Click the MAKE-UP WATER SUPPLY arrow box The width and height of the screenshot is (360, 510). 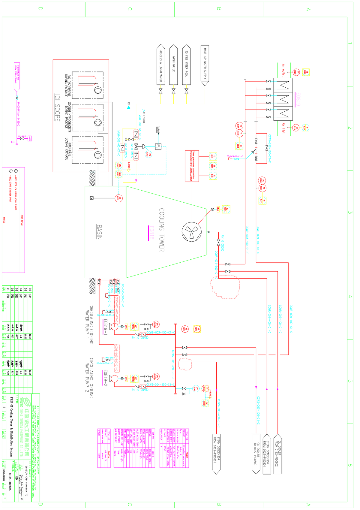click(x=205, y=65)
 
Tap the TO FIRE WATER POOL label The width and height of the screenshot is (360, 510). click(x=186, y=64)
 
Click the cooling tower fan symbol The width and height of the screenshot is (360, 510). click(x=191, y=232)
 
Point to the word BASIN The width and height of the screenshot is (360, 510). click(x=99, y=232)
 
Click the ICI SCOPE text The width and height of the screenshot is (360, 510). click(x=57, y=108)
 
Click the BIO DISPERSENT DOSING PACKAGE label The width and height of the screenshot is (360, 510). click(x=67, y=86)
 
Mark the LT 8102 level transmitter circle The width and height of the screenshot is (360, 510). click(x=118, y=198)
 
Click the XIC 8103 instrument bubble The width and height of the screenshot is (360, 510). click(x=226, y=209)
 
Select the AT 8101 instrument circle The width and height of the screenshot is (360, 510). click(x=185, y=329)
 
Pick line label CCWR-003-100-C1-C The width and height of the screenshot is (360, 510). click(x=247, y=240)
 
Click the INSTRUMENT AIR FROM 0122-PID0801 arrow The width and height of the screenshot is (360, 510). click(x=17, y=77)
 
